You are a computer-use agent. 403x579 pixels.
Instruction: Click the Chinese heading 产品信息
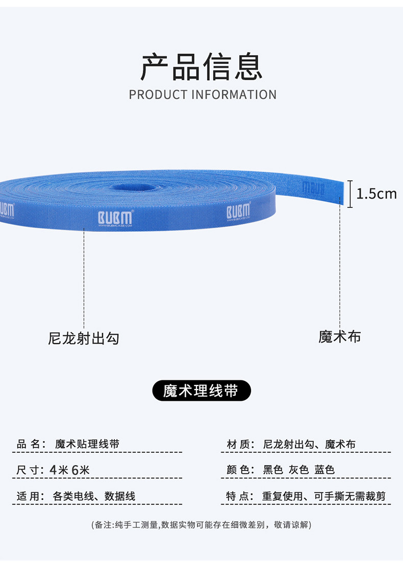click(202, 67)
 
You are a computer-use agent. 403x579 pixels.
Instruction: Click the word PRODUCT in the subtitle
click(158, 95)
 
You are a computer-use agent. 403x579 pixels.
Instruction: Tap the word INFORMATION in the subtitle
click(234, 95)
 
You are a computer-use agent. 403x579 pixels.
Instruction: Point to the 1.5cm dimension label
click(376, 194)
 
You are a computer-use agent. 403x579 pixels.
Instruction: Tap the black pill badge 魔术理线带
click(202, 391)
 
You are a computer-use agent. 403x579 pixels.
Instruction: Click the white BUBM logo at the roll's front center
click(115, 216)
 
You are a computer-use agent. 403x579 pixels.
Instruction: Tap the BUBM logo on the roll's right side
click(238, 211)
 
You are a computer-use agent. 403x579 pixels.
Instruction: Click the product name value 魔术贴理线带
click(87, 444)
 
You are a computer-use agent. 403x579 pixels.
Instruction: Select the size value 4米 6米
click(70, 470)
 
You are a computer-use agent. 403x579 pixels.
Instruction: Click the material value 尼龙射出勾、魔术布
click(309, 444)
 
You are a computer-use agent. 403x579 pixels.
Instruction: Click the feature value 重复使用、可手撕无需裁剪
click(324, 496)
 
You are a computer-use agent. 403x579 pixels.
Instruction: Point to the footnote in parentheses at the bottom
click(201, 525)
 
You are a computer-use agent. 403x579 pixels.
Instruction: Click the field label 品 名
click(29, 444)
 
